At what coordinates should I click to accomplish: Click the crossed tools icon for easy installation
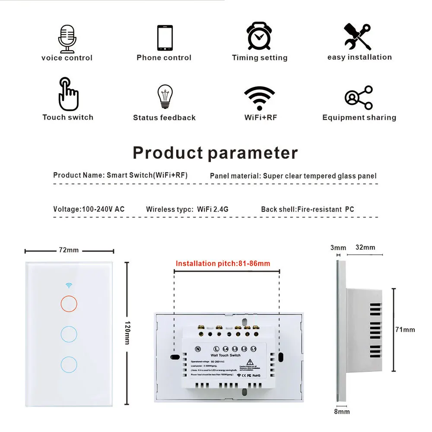click(357, 37)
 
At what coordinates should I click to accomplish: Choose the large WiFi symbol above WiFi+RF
click(260, 98)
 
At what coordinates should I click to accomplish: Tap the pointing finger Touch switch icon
click(68, 94)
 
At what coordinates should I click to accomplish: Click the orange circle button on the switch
click(69, 303)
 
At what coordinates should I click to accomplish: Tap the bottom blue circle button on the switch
click(69, 364)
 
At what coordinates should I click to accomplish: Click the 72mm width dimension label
click(69, 250)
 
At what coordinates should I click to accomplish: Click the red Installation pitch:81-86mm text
click(223, 264)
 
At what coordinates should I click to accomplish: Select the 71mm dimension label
click(405, 330)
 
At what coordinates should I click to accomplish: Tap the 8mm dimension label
click(342, 412)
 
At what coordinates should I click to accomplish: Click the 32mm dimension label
click(365, 248)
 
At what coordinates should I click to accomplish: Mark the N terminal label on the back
click(198, 349)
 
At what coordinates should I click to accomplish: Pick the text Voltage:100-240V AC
click(89, 209)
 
